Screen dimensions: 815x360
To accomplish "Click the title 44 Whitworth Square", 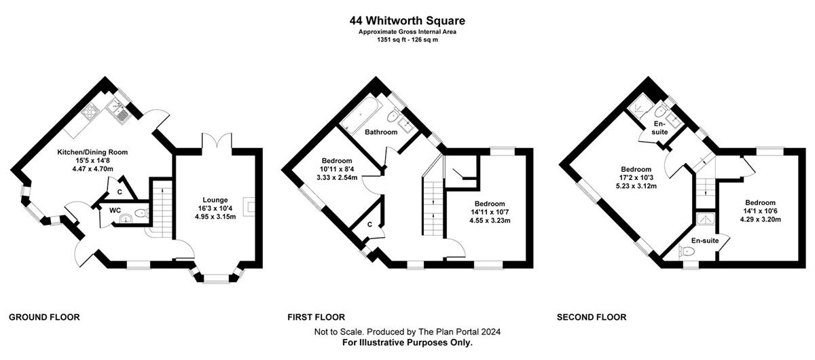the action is click(407, 20).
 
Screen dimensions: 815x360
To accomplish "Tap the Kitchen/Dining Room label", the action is click(92, 152).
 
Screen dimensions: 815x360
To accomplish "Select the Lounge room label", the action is click(215, 200).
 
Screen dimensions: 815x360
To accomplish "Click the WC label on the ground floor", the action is click(115, 211).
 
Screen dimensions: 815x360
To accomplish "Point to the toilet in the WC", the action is click(140, 213).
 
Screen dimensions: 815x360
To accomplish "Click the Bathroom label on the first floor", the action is click(381, 132).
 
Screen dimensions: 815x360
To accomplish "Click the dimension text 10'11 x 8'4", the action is click(337, 169).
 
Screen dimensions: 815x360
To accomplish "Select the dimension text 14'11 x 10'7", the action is click(490, 212).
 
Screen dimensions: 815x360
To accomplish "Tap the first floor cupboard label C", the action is click(369, 225).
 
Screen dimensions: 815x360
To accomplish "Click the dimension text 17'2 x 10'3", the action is click(636, 178).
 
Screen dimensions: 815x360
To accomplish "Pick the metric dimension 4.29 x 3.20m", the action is click(761, 219).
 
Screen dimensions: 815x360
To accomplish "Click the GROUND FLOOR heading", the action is click(44, 317).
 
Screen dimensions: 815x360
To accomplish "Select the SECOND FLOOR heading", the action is click(592, 317).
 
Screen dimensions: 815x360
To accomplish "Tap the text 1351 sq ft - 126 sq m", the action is click(407, 40).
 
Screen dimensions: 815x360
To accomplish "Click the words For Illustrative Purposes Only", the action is click(407, 342).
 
